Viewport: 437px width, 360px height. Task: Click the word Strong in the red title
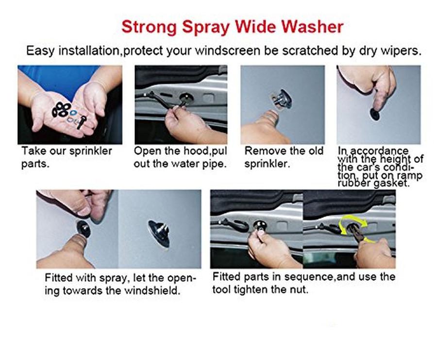[x=149, y=27]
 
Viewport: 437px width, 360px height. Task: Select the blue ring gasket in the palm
[x=73, y=113]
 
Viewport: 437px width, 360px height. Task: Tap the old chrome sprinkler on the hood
[x=282, y=99]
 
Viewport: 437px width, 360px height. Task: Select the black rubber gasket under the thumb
[x=375, y=114]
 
